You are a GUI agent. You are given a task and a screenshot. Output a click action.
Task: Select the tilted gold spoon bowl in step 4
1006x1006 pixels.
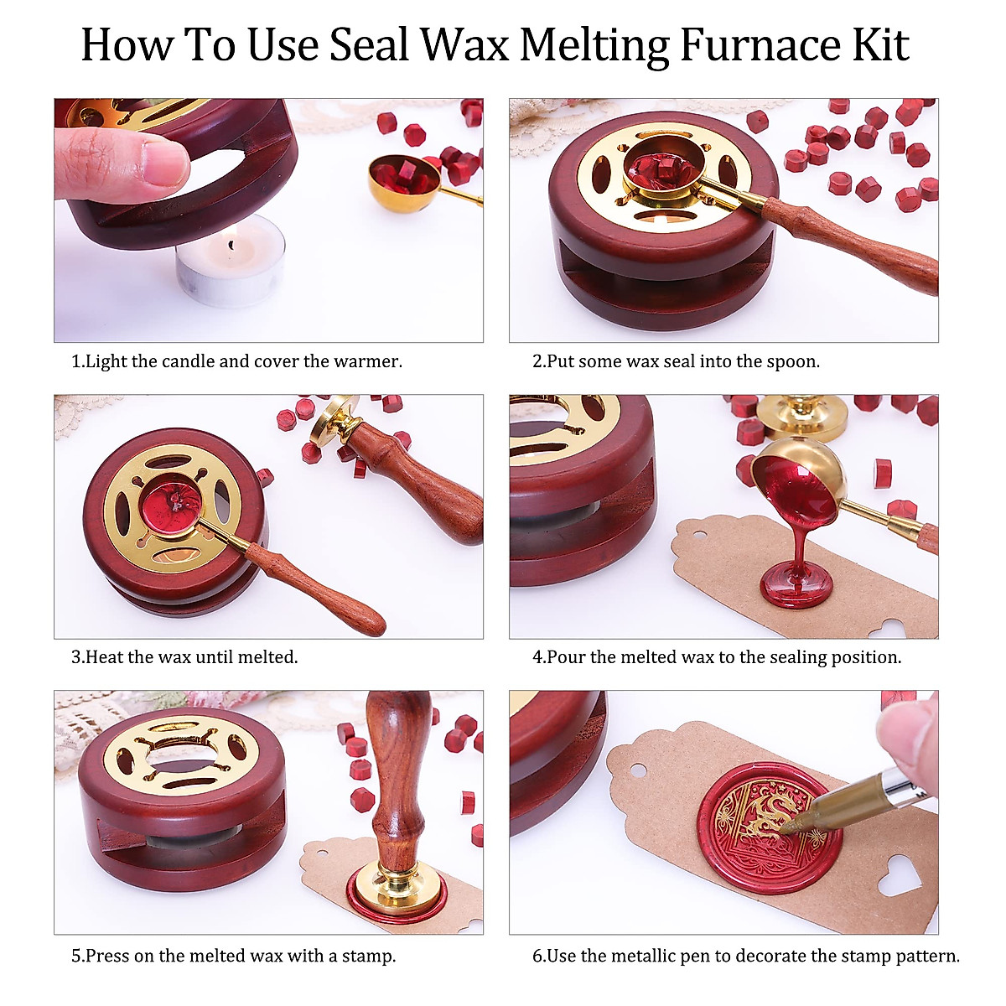[800, 481]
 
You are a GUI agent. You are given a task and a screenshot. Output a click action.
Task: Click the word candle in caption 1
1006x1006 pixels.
[188, 362]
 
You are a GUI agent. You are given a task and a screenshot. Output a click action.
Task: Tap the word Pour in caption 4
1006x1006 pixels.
[566, 658]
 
